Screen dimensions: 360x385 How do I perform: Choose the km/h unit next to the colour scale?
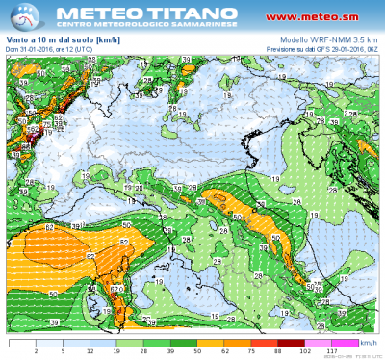click(x=369, y=342)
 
